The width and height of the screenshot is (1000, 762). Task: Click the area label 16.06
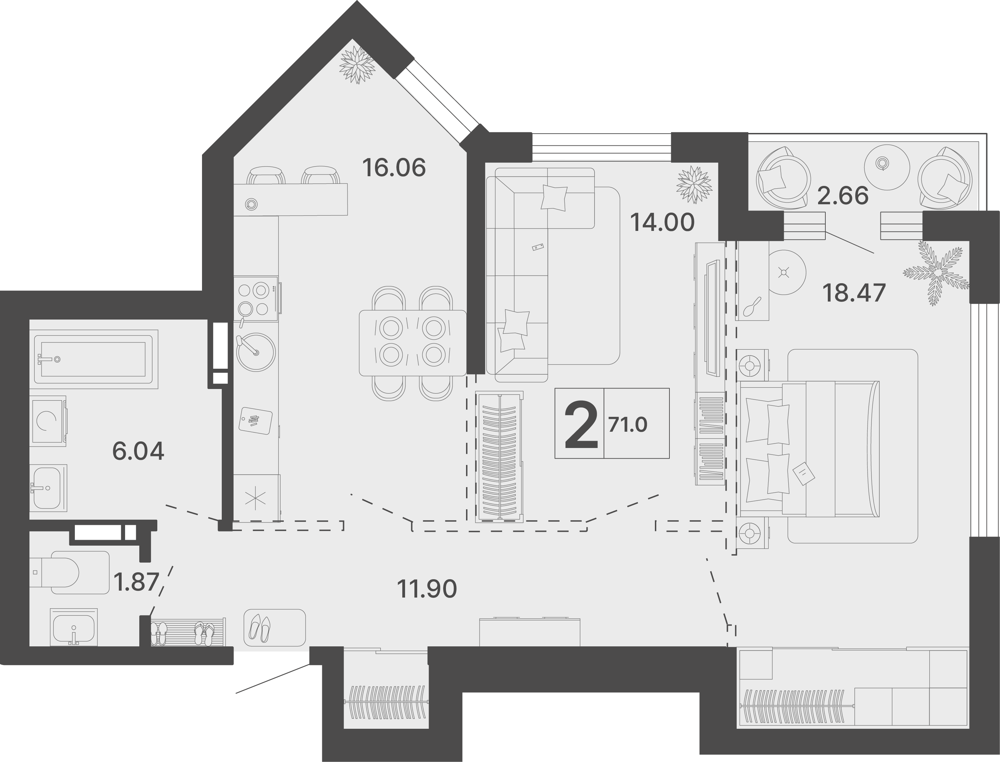point(394,168)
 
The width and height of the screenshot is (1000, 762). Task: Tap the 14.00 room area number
point(662,222)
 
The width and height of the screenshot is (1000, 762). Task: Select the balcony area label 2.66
point(843,196)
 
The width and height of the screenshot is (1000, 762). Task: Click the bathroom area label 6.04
point(138,451)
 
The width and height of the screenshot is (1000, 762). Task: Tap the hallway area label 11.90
point(427,589)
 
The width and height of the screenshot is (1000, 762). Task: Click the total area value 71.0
point(628,425)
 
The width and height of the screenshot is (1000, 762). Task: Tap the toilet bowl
point(70,572)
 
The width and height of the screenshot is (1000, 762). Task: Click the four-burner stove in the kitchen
point(256,298)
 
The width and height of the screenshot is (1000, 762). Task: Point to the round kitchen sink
point(256,352)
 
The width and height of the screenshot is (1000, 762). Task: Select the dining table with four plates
point(413,343)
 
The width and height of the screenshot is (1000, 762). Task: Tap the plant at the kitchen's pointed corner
point(358,65)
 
